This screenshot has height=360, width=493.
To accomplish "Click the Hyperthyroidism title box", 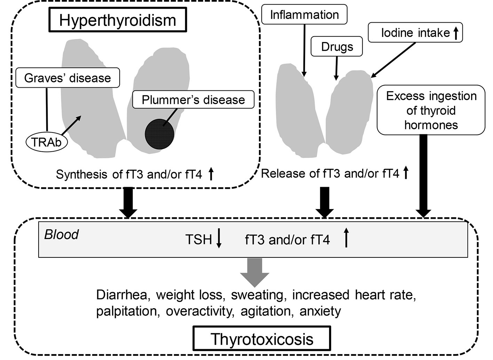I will tap(118, 20).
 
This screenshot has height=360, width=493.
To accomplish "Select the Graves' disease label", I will tap(67, 78).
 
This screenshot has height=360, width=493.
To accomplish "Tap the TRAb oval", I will tap(46, 142).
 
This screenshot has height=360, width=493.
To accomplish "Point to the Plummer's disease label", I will tap(193, 100).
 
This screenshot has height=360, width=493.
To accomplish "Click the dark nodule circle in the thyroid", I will tap(159, 134).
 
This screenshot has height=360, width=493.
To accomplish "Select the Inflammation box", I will tap(304, 15).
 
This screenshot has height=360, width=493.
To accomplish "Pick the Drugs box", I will tap(337, 47).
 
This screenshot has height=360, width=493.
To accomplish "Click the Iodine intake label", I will tap(415, 33).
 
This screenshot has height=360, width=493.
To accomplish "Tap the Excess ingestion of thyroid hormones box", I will tap(431, 110).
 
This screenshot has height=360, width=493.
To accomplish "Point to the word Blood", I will tap(61, 235).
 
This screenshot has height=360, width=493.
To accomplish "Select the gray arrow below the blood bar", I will tap(255, 272).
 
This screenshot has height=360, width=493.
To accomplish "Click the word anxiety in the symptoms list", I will tap(320, 311).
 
